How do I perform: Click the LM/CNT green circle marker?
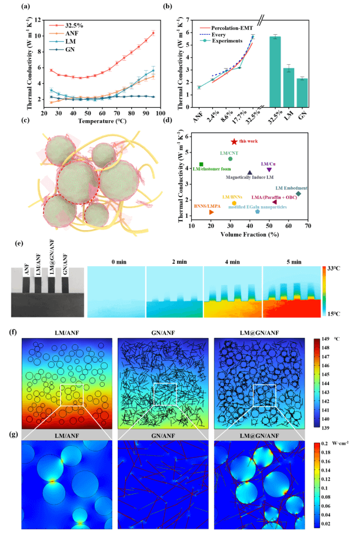(231, 158)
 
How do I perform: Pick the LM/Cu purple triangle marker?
(269, 170)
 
